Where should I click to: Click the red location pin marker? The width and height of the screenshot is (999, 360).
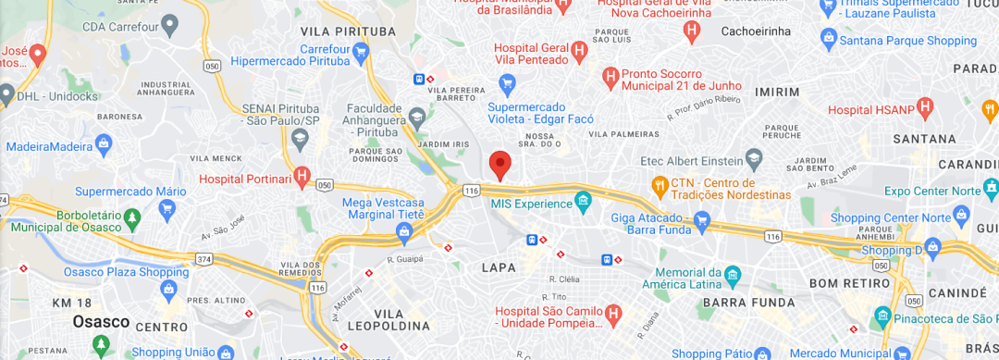[x=500, y=165]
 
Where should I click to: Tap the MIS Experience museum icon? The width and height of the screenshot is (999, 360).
[x=583, y=202]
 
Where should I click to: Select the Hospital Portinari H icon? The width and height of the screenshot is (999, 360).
[x=302, y=176]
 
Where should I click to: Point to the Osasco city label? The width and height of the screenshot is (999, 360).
[x=102, y=321]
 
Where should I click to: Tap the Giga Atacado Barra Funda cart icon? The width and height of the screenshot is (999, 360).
[x=702, y=220]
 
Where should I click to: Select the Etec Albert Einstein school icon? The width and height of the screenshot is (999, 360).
[x=754, y=160]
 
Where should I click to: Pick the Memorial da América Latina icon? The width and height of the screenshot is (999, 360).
[x=733, y=275]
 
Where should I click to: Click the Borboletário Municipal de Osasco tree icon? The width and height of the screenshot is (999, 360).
[x=132, y=218]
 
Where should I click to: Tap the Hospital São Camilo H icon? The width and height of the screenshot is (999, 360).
[x=612, y=316]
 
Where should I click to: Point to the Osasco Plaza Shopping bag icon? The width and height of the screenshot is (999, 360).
[x=168, y=289]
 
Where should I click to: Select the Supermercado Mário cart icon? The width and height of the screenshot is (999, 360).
[x=167, y=208]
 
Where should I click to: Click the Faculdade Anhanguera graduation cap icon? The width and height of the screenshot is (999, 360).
[x=417, y=116]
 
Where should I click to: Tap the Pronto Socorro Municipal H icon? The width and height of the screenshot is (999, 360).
[x=610, y=76]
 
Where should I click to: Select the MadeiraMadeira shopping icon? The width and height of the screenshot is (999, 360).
[x=103, y=144]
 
